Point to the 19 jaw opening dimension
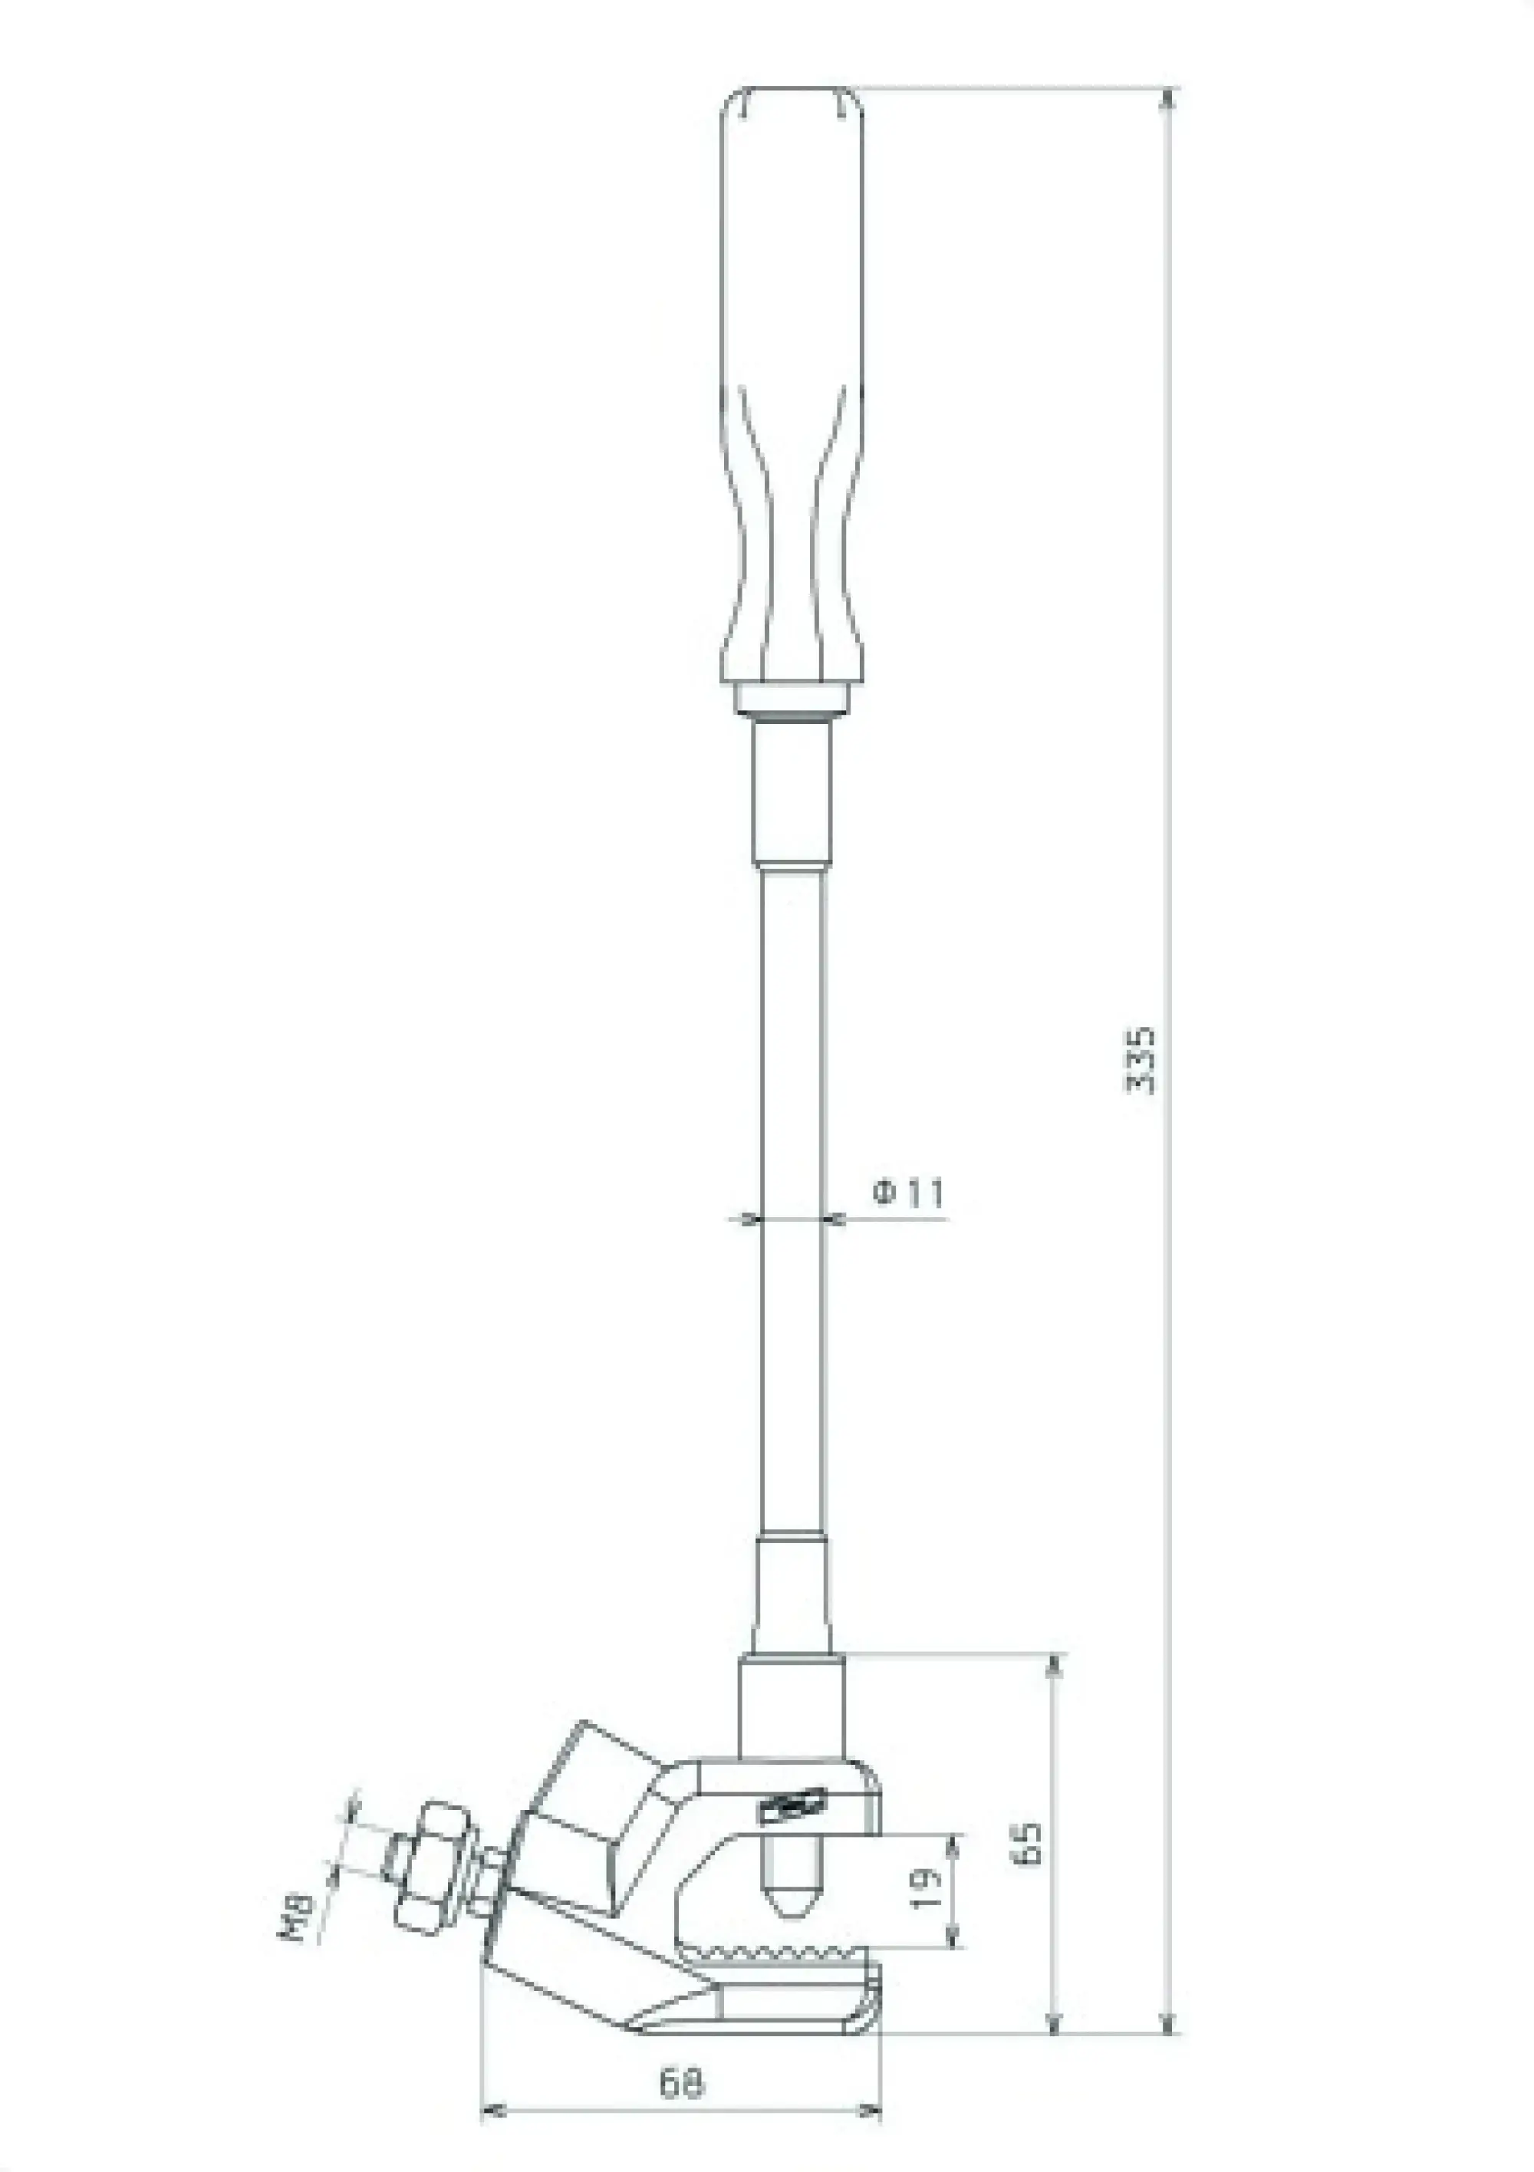click(930, 1888)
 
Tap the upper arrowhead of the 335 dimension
click(1170, 97)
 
